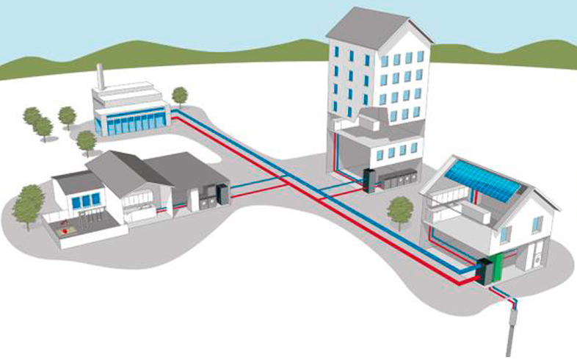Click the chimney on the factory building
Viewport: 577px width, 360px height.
pos(101,76)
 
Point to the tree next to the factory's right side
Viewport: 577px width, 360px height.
pos(179,95)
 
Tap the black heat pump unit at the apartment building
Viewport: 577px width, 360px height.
pos(369,180)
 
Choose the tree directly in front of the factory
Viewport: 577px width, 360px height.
pos(87,140)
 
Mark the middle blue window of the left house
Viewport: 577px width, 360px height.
pos(85,201)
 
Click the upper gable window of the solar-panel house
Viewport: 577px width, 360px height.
pos(537,224)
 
